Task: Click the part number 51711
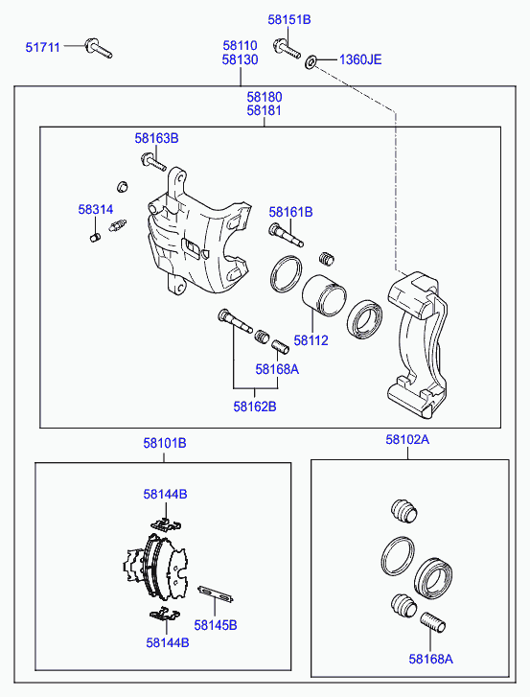coord(42,47)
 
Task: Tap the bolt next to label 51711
coord(98,49)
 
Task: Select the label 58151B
coord(289,19)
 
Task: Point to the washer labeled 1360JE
coord(311,61)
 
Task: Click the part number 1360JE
coord(360,59)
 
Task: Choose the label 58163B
coord(156,138)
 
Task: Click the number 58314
coord(96,209)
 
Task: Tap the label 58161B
coord(290,212)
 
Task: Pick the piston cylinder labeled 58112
coord(324,295)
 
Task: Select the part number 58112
coord(311,340)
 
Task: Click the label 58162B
coord(255,407)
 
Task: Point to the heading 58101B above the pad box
coord(165,443)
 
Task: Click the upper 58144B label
coord(165,494)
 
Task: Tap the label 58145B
coord(216,625)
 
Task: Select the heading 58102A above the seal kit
coord(407,440)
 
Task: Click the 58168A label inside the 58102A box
coord(431,659)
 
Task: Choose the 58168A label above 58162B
coord(277,369)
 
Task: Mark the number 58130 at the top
coord(240,59)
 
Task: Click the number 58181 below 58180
coord(265,110)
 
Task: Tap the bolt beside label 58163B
coord(153,162)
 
